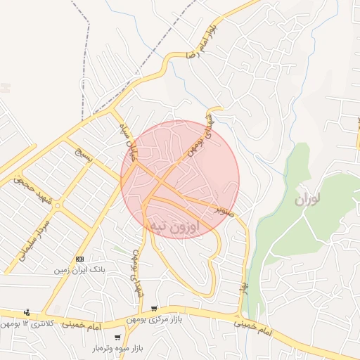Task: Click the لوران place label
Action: pos(308,200)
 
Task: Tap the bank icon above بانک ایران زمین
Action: pos(79,259)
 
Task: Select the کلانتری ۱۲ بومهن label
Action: pos(29,323)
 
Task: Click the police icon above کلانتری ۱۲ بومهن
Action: pos(27,311)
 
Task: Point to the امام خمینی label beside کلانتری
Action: pos(82,324)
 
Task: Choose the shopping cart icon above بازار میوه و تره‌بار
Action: pos(117,337)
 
